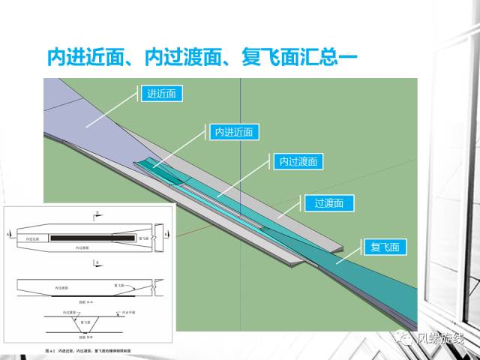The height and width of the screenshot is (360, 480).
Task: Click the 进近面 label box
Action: pyautogui.click(x=161, y=94)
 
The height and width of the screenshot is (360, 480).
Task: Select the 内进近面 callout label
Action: pyautogui.click(x=233, y=133)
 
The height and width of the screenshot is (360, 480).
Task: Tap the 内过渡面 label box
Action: pyautogui.click(x=298, y=161)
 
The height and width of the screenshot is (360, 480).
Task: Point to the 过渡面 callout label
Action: pyautogui.click(x=328, y=203)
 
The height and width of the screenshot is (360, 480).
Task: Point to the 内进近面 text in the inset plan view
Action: pyautogui.click(x=34, y=238)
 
